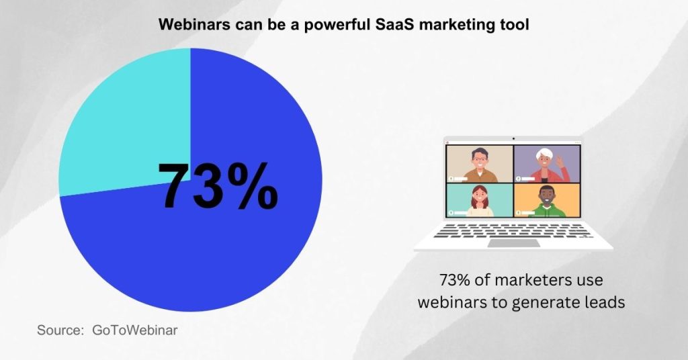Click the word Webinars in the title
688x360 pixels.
coord(189,26)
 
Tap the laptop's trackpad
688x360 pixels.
coord(513,242)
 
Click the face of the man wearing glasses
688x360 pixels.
coord(480,159)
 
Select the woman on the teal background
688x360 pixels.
coord(480,200)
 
